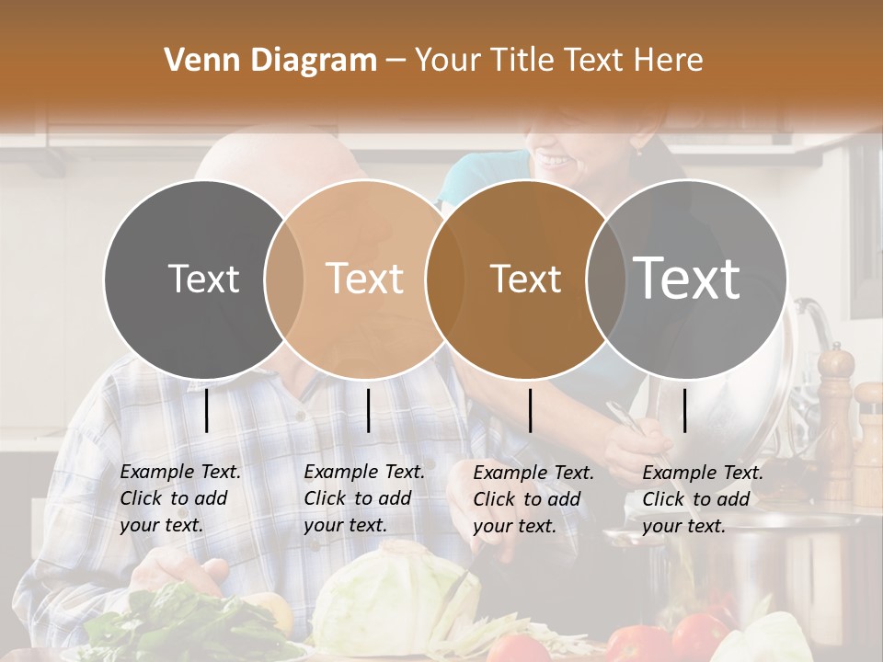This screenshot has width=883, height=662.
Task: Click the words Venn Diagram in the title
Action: (270, 61)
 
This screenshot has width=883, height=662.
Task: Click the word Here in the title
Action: (669, 61)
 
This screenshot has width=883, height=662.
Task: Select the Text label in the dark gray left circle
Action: (203, 279)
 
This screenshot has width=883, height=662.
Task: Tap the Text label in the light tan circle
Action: (365, 279)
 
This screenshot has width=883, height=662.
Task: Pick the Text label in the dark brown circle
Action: (525, 279)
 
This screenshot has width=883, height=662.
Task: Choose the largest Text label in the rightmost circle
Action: (687, 277)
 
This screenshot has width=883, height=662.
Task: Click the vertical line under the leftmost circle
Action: (207, 410)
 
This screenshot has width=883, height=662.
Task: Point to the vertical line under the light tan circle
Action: (368, 410)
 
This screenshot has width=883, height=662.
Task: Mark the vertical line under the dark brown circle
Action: (530, 410)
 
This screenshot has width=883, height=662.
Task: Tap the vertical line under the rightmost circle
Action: (684, 410)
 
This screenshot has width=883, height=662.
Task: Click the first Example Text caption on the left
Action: (180, 498)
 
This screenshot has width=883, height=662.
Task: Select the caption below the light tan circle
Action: (364, 498)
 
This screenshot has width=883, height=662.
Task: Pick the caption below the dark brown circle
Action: (533, 499)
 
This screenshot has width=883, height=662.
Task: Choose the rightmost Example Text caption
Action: (703, 499)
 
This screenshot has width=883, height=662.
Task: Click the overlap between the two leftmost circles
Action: (284, 279)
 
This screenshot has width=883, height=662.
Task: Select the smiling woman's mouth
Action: (556, 161)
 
